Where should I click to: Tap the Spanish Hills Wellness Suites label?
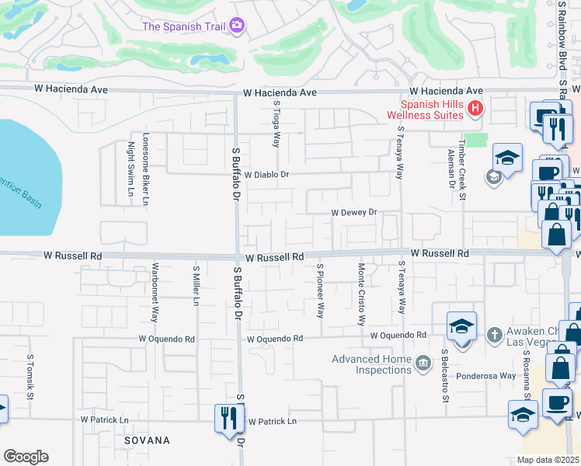(431, 110)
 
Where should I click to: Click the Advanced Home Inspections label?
(371, 364)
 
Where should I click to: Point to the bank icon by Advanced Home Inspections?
(423, 363)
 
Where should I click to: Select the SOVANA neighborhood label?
(147, 440)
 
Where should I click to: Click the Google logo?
(26, 457)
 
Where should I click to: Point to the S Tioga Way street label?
(276, 124)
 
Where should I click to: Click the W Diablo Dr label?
(266, 175)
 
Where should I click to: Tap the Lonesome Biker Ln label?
(145, 171)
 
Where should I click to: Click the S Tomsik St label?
(30, 377)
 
